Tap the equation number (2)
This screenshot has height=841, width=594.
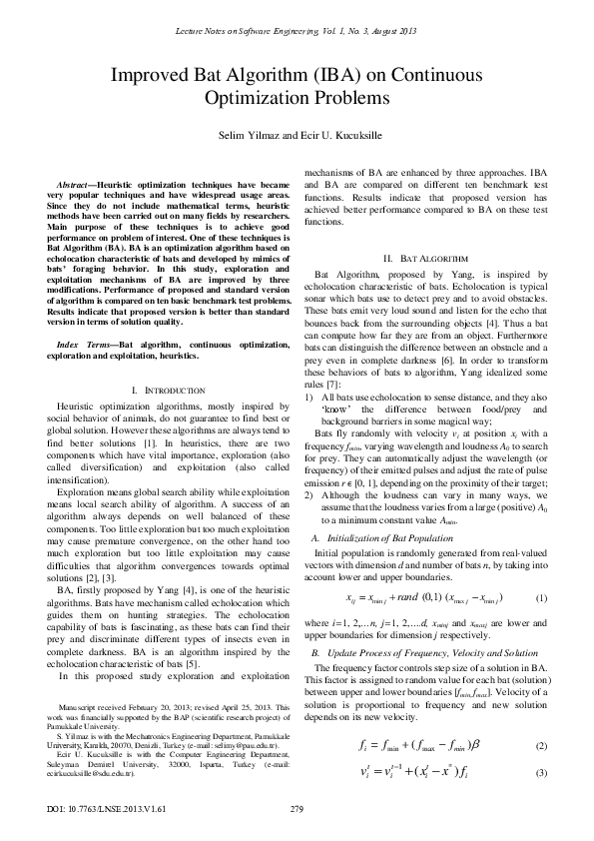pyautogui.click(x=541, y=718)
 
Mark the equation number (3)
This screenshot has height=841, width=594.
pyautogui.click(x=541, y=746)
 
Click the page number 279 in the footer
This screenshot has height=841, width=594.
pyautogui.click(x=296, y=808)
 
